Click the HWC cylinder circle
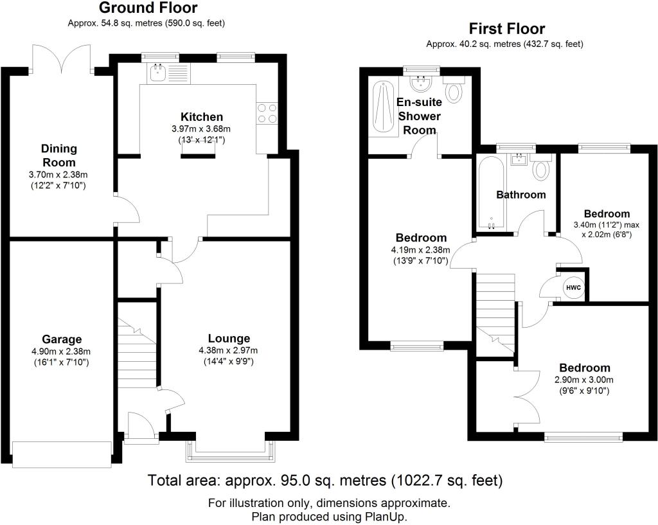point(573,288)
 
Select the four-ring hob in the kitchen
point(267,113)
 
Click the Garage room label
point(62,339)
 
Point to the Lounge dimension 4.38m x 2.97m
point(229,350)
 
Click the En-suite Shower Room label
point(419,116)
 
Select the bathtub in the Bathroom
point(490,193)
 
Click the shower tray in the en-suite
point(382,109)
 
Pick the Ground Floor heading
point(148,8)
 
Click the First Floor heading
point(506,28)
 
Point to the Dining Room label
point(59,156)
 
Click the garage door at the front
point(62,454)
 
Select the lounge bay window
point(231,452)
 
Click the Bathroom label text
point(520,195)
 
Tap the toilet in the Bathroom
point(540,167)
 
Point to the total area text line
point(325,480)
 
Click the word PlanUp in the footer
point(387,516)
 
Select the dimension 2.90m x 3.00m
point(584,380)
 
